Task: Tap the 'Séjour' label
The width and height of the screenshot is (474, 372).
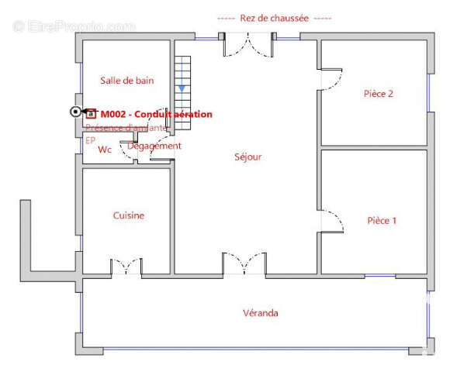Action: (x=248, y=157)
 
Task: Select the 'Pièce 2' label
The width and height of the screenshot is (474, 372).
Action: (x=379, y=94)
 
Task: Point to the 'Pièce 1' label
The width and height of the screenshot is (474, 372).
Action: (x=382, y=221)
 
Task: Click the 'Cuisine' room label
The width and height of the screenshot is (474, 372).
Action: (x=129, y=215)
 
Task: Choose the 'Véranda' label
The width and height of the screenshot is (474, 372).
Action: (x=261, y=313)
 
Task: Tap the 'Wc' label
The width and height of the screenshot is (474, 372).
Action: (x=106, y=150)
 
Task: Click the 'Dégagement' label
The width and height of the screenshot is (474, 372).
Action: (x=154, y=146)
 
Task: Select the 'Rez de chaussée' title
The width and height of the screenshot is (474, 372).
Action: (x=275, y=18)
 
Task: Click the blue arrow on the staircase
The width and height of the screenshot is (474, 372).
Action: (x=182, y=88)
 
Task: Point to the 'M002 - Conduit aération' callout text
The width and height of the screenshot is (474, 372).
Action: (x=156, y=114)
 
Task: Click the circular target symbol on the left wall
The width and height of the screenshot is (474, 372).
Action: (x=75, y=112)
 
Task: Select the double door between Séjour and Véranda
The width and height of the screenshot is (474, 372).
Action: (x=244, y=265)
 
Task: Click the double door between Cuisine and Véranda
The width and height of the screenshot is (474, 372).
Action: (x=126, y=268)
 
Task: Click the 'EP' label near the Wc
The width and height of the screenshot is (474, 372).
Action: (x=90, y=141)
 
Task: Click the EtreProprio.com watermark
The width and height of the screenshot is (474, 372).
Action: (x=74, y=26)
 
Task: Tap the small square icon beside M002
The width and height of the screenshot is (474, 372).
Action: (x=91, y=113)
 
